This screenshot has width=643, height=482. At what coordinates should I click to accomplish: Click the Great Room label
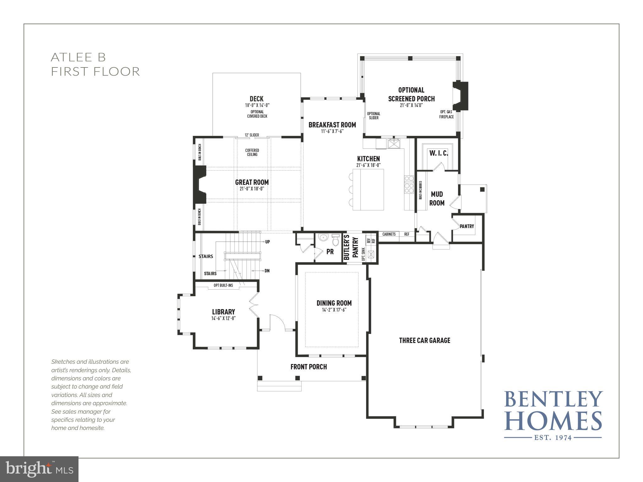click(252, 182)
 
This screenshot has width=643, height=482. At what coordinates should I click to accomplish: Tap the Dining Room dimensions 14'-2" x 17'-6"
click(334, 310)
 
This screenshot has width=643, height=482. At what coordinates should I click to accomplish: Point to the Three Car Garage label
click(424, 340)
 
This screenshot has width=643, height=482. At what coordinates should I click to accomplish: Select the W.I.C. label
click(439, 153)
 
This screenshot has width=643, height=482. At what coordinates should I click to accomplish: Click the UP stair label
click(267, 242)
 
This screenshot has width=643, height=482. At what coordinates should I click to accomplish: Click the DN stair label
click(267, 271)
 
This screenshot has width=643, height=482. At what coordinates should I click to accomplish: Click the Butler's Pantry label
click(351, 247)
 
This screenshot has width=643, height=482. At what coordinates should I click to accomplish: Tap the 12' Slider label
click(252, 135)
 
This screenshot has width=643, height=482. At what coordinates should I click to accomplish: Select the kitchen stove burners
click(409, 185)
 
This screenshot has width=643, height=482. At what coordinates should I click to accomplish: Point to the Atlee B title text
click(78, 57)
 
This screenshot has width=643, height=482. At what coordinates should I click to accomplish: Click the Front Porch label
click(308, 367)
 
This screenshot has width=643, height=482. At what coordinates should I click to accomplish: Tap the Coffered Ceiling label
click(252, 153)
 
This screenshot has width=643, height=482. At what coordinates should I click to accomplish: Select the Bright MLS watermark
click(39, 469)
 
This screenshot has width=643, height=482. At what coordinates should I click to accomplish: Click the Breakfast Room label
click(332, 125)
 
